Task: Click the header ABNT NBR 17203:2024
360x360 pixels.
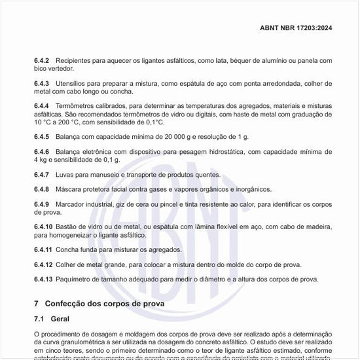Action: pyautogui.click(x=296, y=28)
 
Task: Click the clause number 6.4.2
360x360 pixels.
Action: pyautogui.click(x=42, y=60)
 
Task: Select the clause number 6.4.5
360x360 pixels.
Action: pyautogui.click(x=42, y=137)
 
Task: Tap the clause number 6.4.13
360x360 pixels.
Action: pyautogui.click(x=43, y=279)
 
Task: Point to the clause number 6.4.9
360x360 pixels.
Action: pyautogui.click(x=42, y=204)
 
